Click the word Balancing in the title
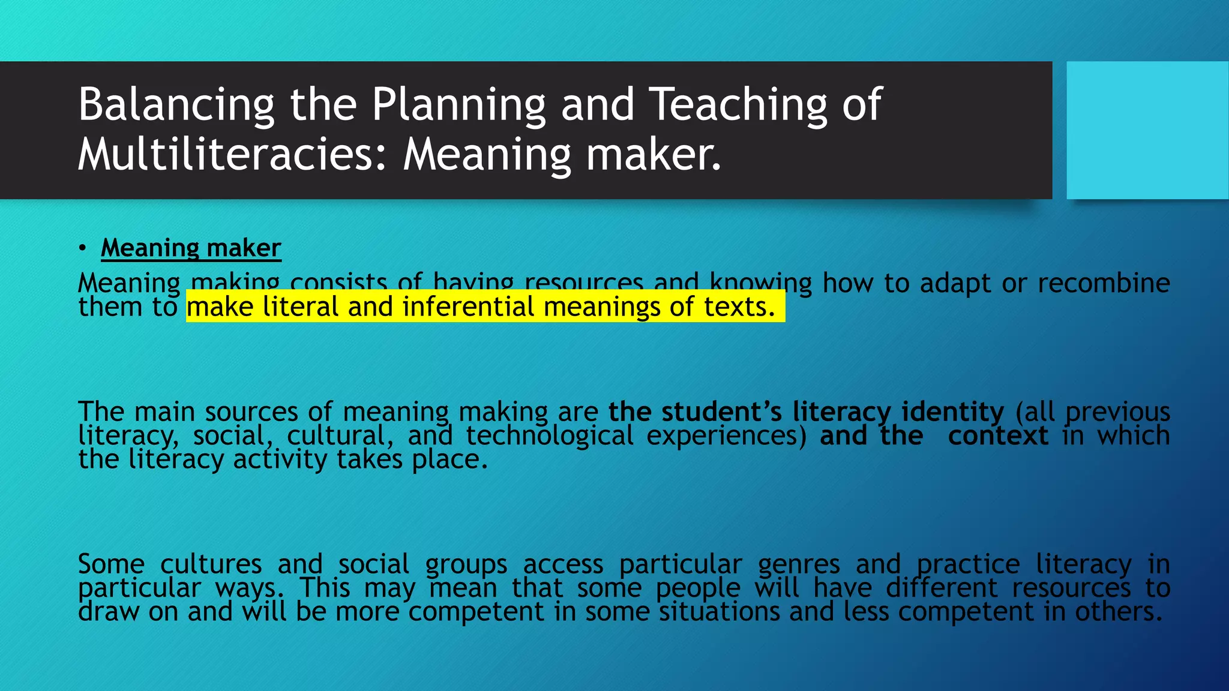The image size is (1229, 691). [176, 105]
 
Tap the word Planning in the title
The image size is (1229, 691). [458, 105]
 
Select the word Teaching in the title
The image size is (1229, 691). [739, 105]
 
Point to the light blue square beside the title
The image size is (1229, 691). [1147, 130]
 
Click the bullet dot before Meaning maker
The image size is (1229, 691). [82, 248]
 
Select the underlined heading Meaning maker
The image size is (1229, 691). [191, 248]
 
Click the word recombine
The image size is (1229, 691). [1104, 283]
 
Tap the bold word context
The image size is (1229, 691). [998, 435]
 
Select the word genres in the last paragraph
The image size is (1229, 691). [799, 564]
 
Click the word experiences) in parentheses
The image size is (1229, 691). [726, 435]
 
